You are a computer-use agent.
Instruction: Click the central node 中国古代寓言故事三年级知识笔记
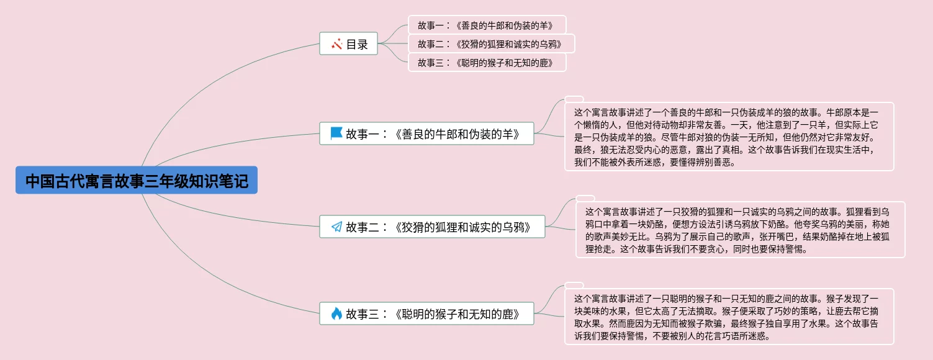[137, 181]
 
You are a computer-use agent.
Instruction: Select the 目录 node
[348, 44]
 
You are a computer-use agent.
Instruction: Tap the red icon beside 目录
[337, 44]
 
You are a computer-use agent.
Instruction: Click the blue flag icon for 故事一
[336, 133]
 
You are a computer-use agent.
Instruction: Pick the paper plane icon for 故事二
[336, 227]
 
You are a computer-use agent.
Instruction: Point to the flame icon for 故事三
[336, 313]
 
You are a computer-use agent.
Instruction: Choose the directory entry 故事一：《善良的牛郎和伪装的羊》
[487, 25]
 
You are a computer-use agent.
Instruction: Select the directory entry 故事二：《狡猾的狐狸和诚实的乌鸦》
[491, 44]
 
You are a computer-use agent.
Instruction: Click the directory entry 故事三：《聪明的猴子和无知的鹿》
[487, 62]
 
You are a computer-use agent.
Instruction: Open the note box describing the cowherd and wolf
[729, 137]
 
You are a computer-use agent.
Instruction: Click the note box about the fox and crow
[740, 230]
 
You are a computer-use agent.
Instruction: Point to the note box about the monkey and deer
[729, 317]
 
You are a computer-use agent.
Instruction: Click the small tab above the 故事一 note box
[574, 99]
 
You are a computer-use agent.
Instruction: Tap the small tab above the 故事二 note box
[585, 198]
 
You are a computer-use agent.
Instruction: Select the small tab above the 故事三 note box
[574, 286]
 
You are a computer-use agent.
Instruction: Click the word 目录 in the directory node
[357, 44]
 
